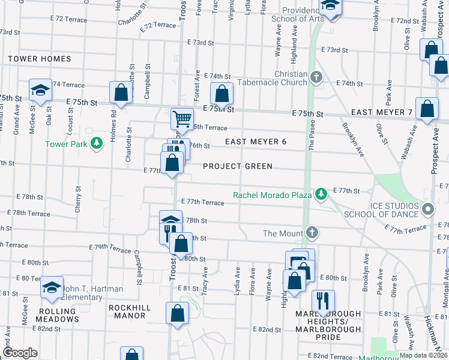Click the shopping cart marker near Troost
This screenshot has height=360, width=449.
point(182,118)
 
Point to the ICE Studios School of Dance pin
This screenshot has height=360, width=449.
point(427,209)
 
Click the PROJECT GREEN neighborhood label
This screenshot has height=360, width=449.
point(238,166)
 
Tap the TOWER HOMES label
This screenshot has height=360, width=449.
point(40,59)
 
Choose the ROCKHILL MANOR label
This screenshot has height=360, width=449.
point(130,308)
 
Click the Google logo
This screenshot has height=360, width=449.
point(20,352)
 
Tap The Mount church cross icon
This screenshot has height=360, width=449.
point(312,232)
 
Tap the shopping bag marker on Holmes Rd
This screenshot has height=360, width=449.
point(121,93)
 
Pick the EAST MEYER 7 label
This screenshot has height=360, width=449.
point(382,113)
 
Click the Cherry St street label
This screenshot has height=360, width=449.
point(77,198)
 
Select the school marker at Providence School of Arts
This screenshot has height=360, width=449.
point(329,6)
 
